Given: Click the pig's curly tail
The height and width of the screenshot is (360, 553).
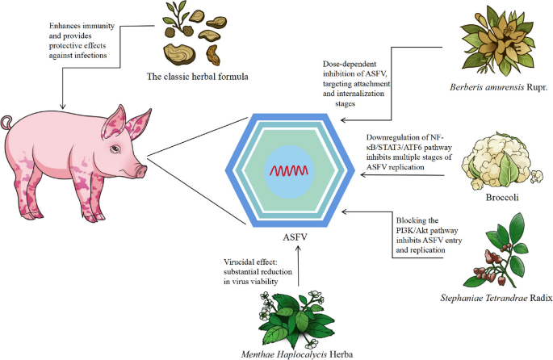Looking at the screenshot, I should click(x=7, y=123).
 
